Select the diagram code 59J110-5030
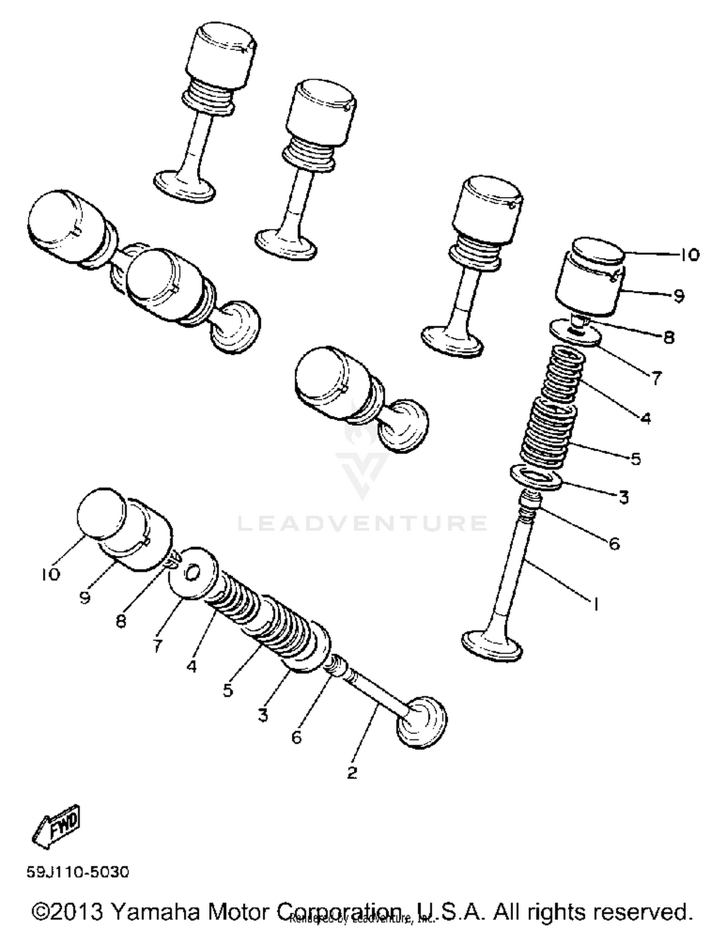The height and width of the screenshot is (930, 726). (78, 872)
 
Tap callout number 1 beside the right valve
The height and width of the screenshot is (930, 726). (596, 604)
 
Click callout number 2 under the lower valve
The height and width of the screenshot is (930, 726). (352, 772)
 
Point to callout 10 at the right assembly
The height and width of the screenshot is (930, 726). (689, 255)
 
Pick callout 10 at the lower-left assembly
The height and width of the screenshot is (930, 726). (50, 574)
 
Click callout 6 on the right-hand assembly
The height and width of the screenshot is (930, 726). (614, 544)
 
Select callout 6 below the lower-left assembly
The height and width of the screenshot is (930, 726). (296, 737)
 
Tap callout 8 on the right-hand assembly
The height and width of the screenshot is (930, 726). (668, 337)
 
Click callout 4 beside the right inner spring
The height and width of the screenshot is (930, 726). (646, 418)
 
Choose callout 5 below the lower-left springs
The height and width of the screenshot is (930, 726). (228, 690)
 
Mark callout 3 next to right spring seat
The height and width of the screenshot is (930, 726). (623, 497)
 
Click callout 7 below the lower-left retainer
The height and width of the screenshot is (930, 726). (158, 645)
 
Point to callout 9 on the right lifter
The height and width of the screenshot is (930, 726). (679, 295)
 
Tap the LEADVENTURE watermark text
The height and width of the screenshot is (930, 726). (362, 523)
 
